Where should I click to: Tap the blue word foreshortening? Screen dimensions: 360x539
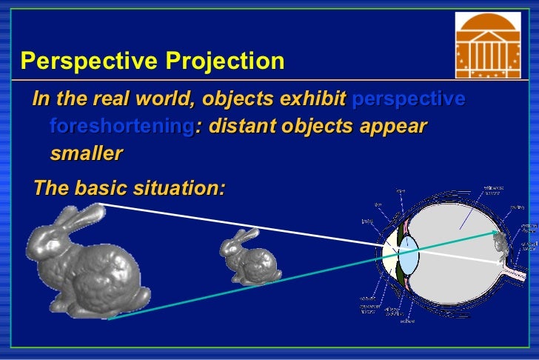(x=121, y=126)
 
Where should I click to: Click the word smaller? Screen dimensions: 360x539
(x=85, y=153)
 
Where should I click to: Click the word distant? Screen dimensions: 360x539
(x=241, y=126)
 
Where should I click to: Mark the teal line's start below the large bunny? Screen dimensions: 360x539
(x=110, y=319)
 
